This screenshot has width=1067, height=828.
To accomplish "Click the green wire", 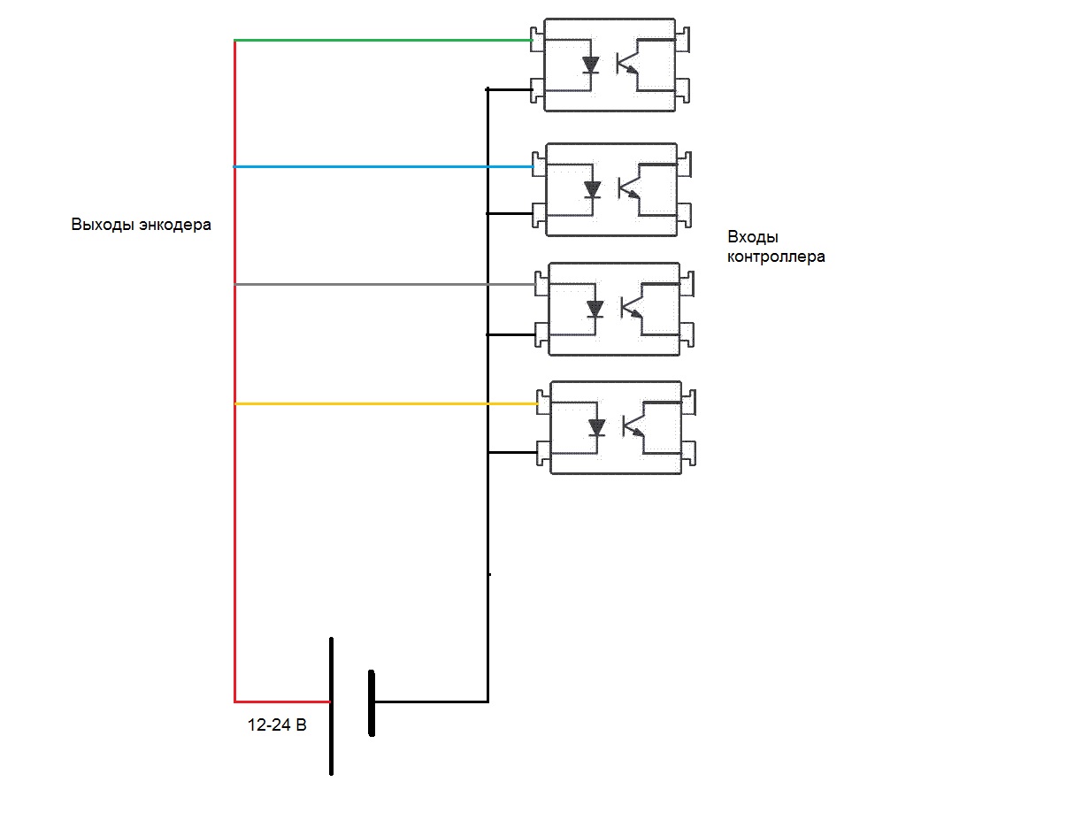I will (380, 40).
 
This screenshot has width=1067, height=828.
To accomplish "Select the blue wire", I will (380, 166).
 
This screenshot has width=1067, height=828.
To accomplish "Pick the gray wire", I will (380, 284).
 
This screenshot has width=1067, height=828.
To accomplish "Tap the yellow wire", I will (380, 403).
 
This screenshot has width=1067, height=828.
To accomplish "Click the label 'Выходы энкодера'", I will (142, 225).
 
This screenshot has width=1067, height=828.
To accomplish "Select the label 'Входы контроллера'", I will (776, 247).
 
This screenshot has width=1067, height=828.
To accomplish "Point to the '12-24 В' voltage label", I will (277, 725).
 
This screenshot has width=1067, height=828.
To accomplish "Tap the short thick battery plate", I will (372, 703).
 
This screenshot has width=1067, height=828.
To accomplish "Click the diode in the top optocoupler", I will (591, 65).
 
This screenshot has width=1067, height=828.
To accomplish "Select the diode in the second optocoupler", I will (593, 189).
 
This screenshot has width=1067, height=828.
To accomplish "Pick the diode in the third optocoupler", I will (595, 309).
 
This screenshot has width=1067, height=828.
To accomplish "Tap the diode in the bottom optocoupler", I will (597, 428).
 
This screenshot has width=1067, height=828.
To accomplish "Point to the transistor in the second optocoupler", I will (629, 189).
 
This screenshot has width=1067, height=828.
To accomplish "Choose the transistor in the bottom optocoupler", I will (633, 428).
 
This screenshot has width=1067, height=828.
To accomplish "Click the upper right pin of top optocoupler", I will (682, 39).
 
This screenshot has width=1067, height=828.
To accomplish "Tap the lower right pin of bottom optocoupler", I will (688, 455).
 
